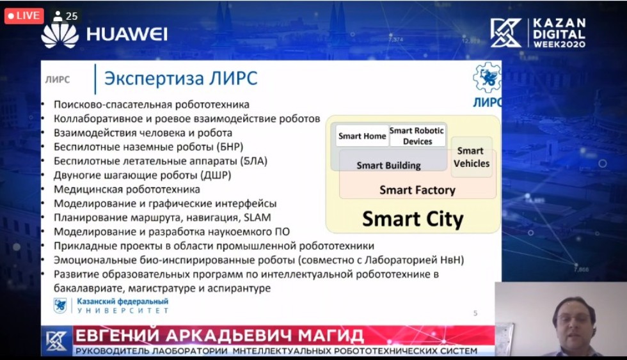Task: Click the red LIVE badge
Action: (24, 16)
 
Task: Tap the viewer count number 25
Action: (72, 17)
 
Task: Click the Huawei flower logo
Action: (60, 36)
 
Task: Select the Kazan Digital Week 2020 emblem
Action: (506, 33)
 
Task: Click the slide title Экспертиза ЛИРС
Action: (180, 78)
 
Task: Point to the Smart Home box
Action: (362, 136)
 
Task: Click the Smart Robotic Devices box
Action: (417, 136)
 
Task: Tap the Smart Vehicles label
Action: (471, 157)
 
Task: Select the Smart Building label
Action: (388, 166)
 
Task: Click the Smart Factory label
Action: (417, 190)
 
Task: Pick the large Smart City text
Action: (413, 219)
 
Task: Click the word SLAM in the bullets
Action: (257, 217)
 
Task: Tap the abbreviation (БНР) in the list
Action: (230, 146)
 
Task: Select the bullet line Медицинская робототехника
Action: (127, 189)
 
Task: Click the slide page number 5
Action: (475, 313)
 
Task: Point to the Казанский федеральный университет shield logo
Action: (60, 306)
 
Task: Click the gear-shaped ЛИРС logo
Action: (487, 77)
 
